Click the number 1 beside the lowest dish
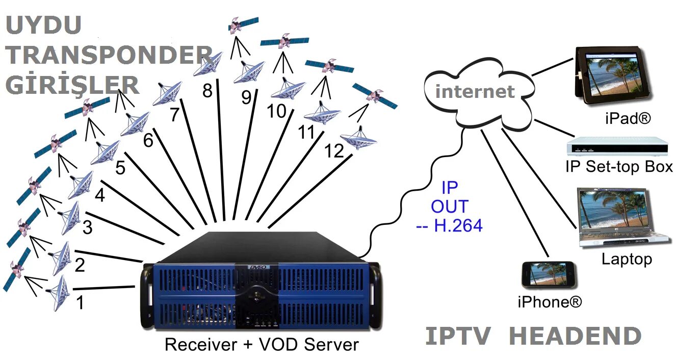(80, 302)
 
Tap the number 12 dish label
(334, 151)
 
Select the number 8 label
(207, 91)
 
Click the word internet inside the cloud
(475, 92)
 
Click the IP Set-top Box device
(617, 146)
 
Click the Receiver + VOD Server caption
(262, 344)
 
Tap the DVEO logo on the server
(257, 266)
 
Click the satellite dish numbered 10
(288, 89)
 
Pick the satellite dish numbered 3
(70, 217)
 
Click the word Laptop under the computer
(627, 259)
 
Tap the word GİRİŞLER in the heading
(72, 85)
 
